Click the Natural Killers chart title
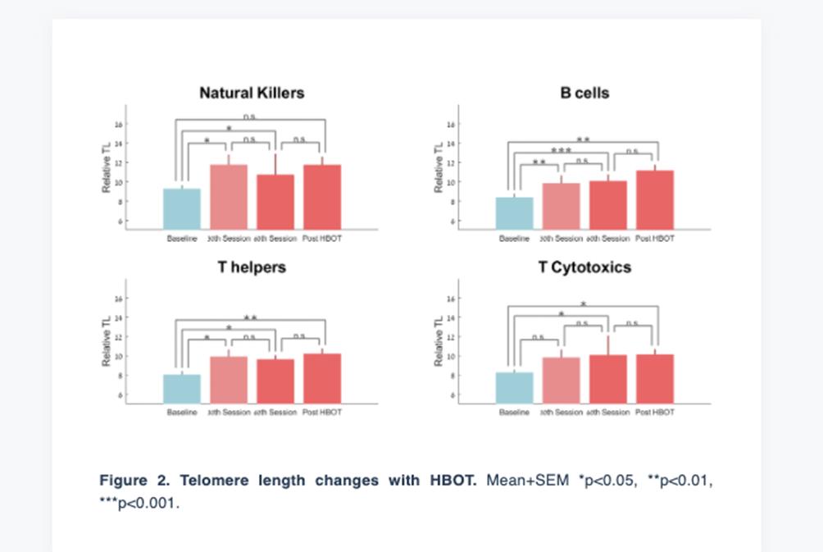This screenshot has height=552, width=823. [x=252, y=93]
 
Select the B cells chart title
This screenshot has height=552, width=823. [x=584, y=93]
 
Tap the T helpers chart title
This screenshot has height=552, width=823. [x=252, y=267]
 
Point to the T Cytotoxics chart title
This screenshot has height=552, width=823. [x=584, y=267]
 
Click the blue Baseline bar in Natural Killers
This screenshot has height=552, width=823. [x=182, y=209]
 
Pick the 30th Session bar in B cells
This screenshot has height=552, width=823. [x=561, y=206]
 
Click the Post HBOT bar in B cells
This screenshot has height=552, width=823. [x=654, y=200]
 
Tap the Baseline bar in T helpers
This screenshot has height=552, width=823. [x=182, y=389]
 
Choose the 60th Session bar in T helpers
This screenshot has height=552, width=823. [x=275, y=381]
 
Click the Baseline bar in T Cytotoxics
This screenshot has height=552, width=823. [x=514, y=388]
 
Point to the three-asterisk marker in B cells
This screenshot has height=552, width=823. [x=561, y=152]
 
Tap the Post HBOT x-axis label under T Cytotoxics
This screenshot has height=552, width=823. [x=654, y=413]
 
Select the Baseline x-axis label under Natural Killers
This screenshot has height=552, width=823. [x=182, y=239]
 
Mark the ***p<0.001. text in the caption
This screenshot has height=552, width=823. [x=139, y=503]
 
